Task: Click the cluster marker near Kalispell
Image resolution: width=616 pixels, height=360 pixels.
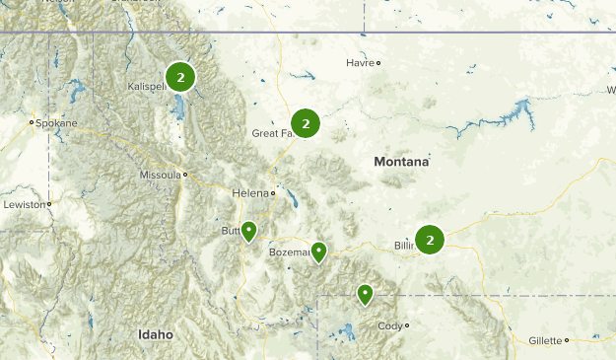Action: coord(180,76)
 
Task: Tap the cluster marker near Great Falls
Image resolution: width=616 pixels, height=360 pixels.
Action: coord(306,123)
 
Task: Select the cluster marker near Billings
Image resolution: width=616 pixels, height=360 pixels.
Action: coord(430,240)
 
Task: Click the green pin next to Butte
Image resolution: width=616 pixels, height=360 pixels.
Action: coord(249,231)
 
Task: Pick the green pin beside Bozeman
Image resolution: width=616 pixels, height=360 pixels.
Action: coord(318,252)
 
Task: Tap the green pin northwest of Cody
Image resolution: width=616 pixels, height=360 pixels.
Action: coord(365,293)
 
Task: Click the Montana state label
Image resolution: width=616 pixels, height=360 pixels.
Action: coord(401,161)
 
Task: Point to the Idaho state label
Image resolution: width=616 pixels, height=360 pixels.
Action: coord(155,334)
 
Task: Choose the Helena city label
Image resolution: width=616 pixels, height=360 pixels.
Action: coord(249,192)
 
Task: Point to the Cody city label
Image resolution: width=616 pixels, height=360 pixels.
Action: coord(389,325)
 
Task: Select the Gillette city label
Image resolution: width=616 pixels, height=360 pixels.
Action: coord(545,340)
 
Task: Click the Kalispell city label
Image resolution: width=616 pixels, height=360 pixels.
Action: coord(149,87)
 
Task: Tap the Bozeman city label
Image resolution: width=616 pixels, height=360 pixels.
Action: coord(289,252)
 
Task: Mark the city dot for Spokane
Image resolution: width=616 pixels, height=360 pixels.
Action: coord(32,122)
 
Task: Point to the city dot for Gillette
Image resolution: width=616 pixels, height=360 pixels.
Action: coord(567,340)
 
